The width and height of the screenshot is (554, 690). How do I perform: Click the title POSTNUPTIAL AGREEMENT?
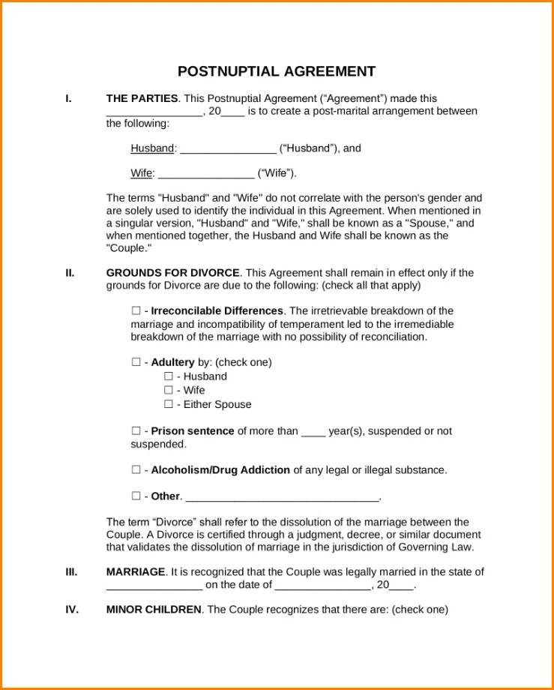pyautogui.click(x=277, y=72)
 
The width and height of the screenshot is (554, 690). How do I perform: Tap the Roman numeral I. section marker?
pyautogui.click(x=69, y=98)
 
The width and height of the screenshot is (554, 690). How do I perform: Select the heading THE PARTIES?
pyautogui.click(x=142, y=98)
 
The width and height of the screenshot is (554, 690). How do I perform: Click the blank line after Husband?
pyautogui.click(x=228, y=148)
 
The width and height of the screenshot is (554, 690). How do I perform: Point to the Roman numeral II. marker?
pyautogui.click(x=70, y=273)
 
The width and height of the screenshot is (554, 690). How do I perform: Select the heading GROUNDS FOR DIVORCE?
pyautogui.click(x=173, y=273)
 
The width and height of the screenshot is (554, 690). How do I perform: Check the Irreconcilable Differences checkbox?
pyautogui.click(x=136, y=310)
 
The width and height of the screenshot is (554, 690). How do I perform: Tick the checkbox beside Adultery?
pyautogui.click(x=136, y=362)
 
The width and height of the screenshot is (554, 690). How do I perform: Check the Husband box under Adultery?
pyautogui.click(x=169, y=376)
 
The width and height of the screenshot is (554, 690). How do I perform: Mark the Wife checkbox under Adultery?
pyautogui.click(x=169, y=390)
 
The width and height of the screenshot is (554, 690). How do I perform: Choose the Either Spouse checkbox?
pyautogui.click(x=169, y=404)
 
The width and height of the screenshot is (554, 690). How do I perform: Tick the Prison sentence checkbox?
pyautogui.click(x=136, y=431)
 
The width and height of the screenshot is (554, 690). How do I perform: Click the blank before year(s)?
pyautogui.click(x=313, y=432)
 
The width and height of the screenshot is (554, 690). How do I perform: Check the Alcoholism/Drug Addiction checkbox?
pyautogui.click(x=136, y=470)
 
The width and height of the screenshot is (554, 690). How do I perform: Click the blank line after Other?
pyautogui.click(x=282, y=496)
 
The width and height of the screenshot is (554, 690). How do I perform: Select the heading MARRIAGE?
pyautogui.click(x=136, y=571)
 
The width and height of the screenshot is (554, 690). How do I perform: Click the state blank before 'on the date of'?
pyautogui.click(x=154, y=585)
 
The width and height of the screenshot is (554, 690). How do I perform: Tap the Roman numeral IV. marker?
pyautogui.click(x=71, y=609)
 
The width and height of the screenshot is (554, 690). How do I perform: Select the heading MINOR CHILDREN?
pyautogui.click(x=154, y=609)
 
